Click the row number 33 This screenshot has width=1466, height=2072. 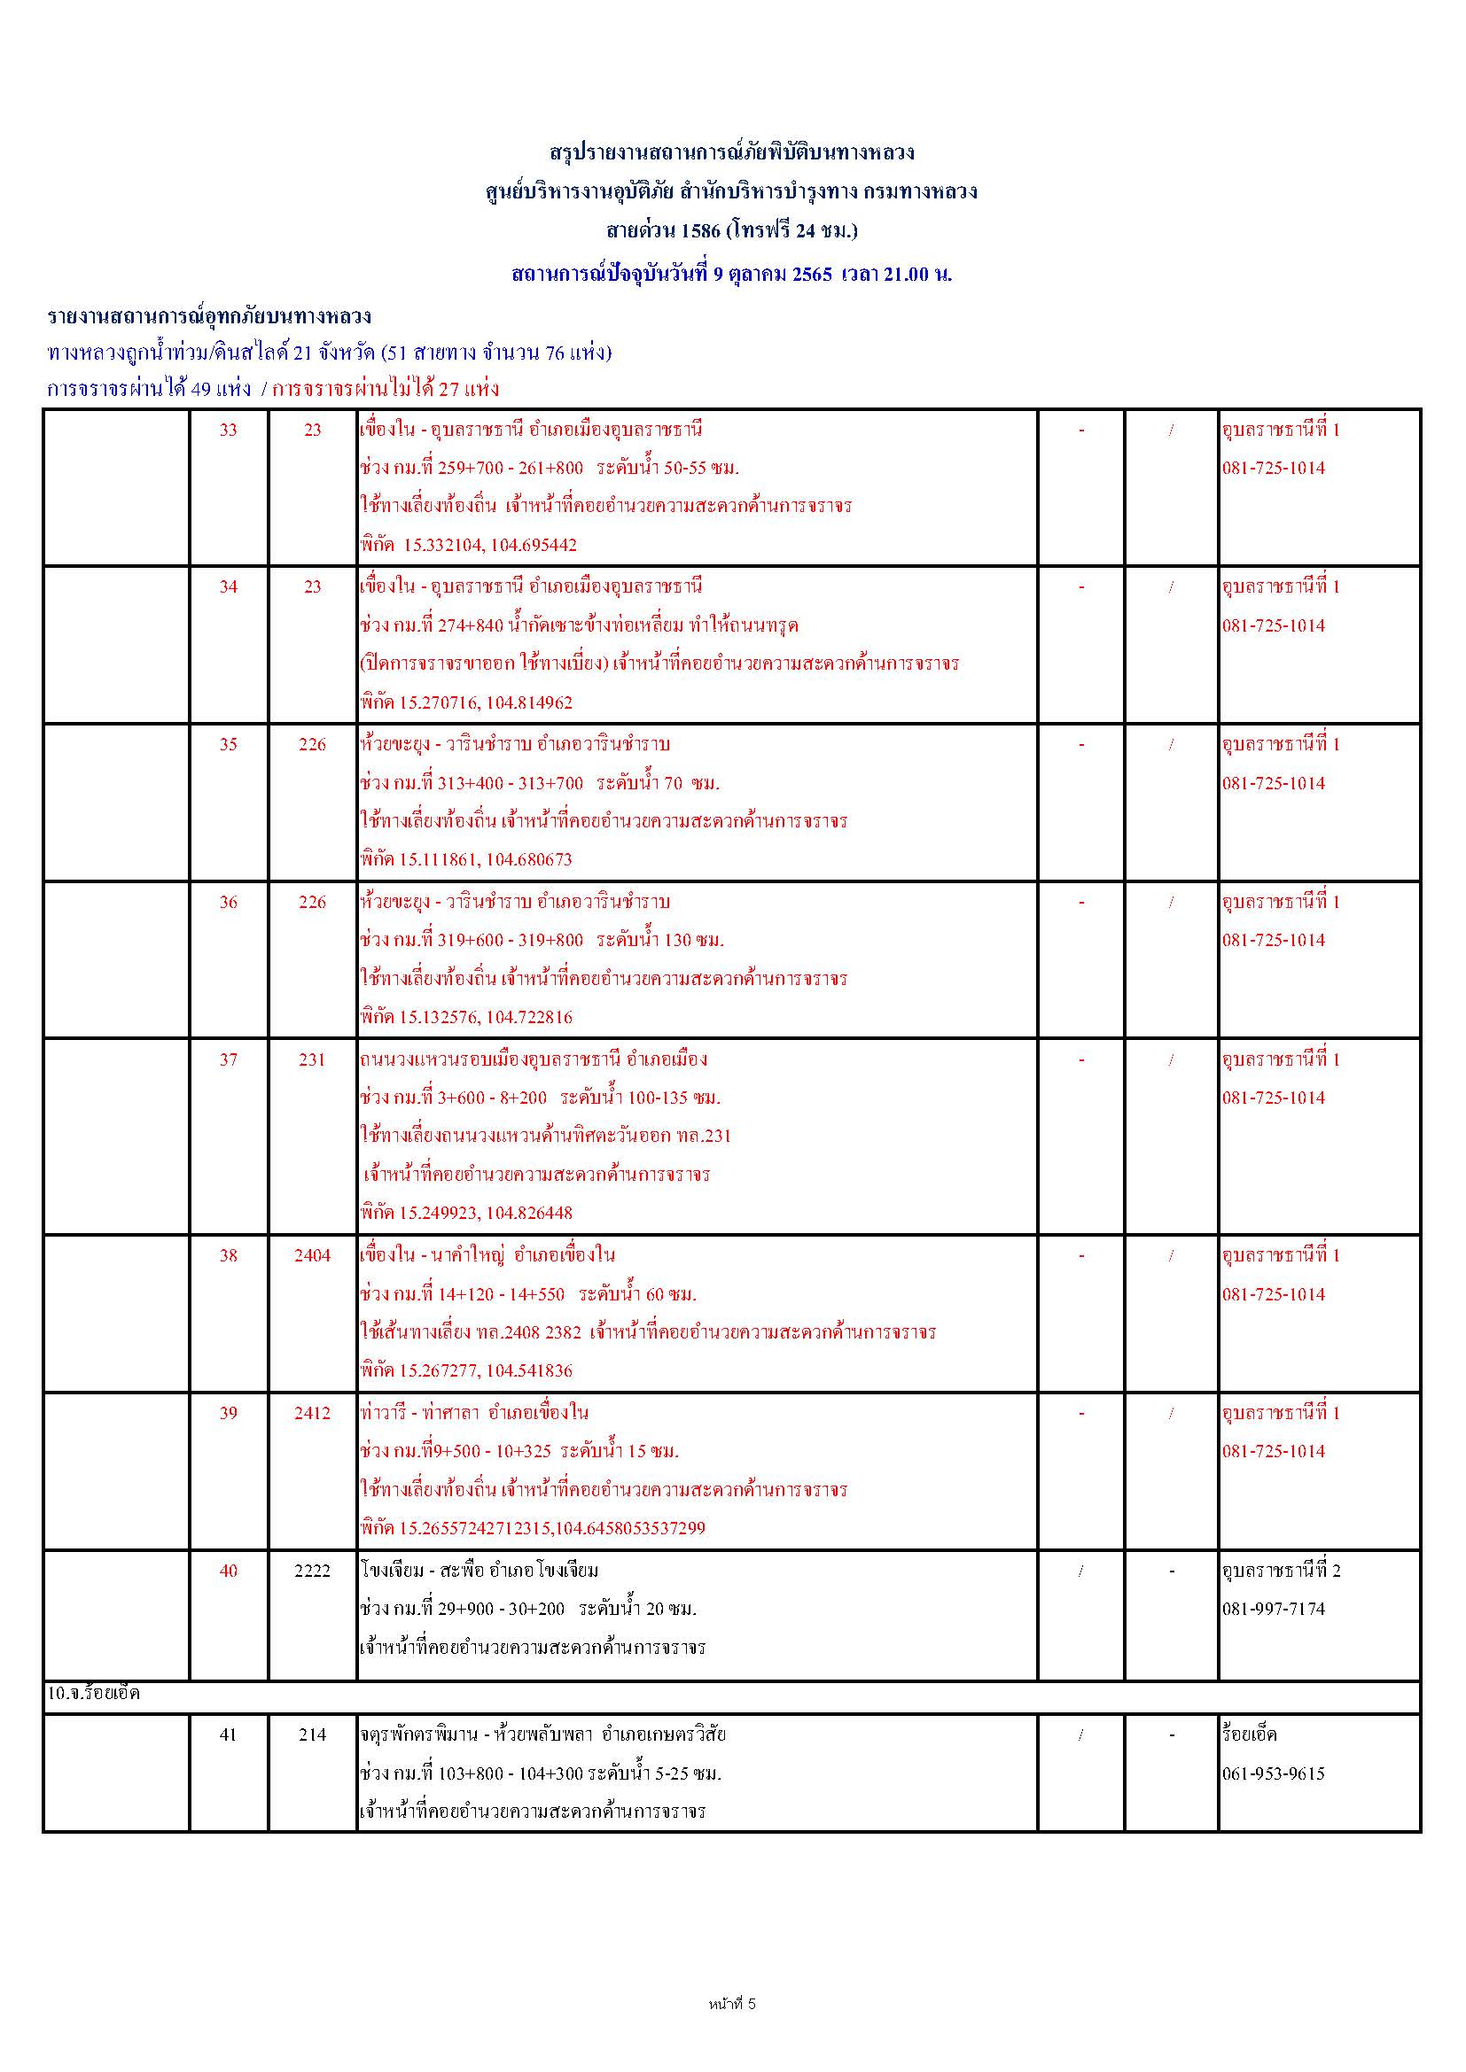[x=229, y=431]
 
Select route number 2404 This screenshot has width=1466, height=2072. [x=312, y=1255]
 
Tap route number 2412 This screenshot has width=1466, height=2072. [x=312, y=1413]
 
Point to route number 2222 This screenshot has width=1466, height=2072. [x=312, y=1571]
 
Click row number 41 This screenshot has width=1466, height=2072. [x=229, y=1734]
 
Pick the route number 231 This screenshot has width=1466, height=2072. [x=312, y=1059]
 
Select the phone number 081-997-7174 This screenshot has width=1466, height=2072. [x=1274, y=1609]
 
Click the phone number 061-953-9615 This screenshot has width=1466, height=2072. [x=1274, y=1773]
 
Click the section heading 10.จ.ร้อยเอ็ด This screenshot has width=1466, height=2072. [x=94, y=1694]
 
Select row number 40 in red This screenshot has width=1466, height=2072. [x=229, y=1571]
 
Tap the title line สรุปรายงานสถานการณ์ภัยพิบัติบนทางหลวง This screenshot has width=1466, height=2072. [x=732, y=152]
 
